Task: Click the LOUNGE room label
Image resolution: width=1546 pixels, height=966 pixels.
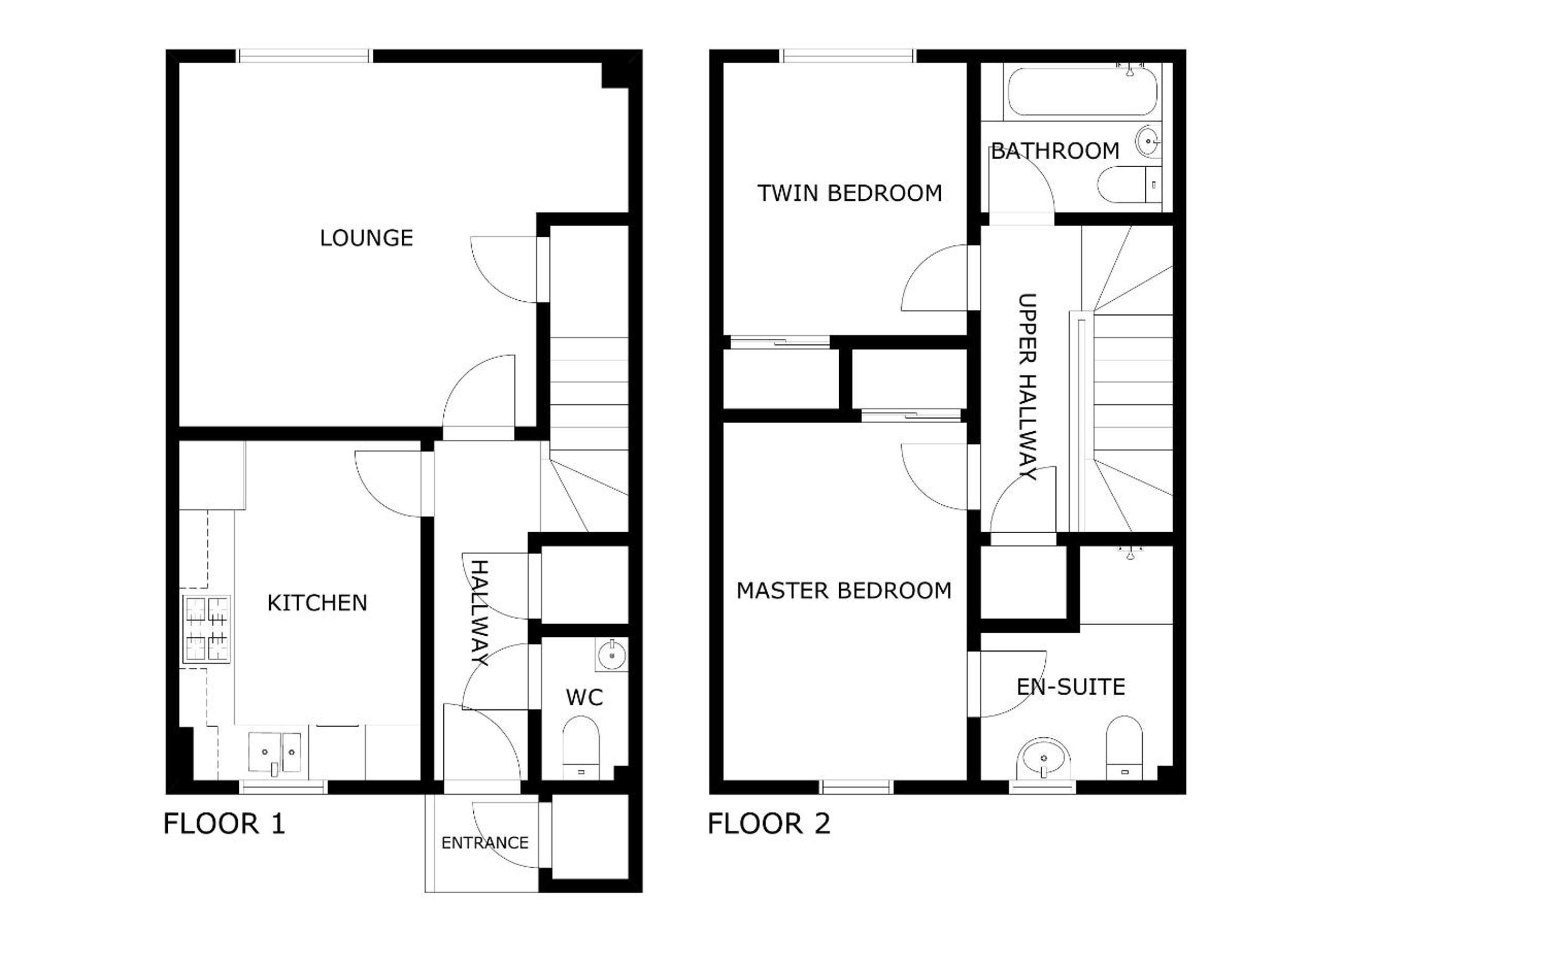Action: (366, 238)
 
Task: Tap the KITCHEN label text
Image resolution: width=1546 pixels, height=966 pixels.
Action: (317, 603)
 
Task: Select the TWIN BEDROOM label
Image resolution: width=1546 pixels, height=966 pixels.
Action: (849, 193)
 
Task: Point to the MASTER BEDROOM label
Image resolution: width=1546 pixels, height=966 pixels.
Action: (844, 591)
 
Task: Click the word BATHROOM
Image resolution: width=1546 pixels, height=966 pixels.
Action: (1055, 151)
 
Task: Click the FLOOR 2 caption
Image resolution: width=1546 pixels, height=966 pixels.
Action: (769, 823)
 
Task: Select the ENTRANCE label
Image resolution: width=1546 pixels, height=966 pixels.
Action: (485, 843)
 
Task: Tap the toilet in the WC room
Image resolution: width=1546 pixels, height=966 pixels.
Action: (581, 747)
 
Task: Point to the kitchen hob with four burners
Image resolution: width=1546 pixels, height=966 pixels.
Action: (206, 629)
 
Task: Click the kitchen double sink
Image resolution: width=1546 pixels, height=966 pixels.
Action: (275, 754)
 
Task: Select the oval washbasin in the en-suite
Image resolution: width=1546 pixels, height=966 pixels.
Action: (1043, 760)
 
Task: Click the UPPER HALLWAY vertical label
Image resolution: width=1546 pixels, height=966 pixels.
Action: (1027, 386)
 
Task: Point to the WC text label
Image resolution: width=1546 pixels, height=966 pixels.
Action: (584, 698)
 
